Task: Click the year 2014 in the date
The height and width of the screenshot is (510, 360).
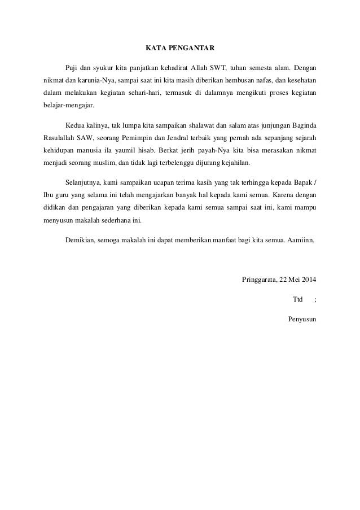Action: click(308, 279)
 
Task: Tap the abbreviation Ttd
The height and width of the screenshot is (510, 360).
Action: click(297, 299)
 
